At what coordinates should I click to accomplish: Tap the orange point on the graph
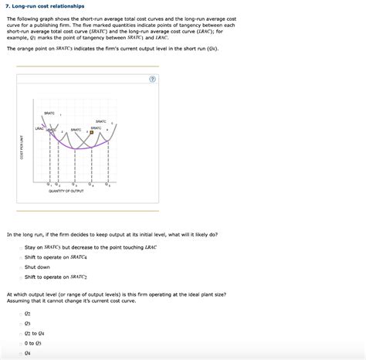91,131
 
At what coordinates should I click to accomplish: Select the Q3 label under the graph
73,184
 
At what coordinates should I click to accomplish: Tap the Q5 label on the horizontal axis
109,184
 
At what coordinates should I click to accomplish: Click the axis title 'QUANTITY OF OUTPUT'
76,192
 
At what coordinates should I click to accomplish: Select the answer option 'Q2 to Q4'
34,333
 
